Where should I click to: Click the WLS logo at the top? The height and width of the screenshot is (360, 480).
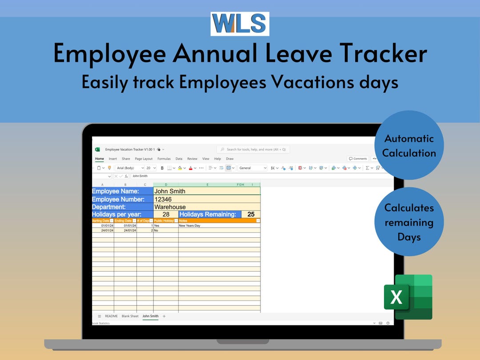(240, 24)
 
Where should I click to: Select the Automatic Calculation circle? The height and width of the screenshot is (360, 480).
(409, 145)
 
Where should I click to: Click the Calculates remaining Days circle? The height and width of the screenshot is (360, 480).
(409, 222)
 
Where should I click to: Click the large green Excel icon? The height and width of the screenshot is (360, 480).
(408, 297)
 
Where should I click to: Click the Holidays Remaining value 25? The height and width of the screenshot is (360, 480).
(251, 214)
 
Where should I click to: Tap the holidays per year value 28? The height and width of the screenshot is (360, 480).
(166, 214)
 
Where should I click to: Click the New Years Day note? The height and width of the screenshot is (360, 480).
(190, 225)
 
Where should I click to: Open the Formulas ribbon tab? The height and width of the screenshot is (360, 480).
(164, 159)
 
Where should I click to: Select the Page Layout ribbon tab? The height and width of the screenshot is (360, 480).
(144, 159)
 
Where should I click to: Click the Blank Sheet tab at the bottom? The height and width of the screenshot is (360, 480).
(130, 316)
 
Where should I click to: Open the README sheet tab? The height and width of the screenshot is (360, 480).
(111, 316)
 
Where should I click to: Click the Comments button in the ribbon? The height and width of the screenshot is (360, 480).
(358, 159)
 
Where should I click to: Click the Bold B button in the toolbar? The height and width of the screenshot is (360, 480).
(162, 168)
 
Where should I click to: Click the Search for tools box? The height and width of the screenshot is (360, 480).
(253, 149)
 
